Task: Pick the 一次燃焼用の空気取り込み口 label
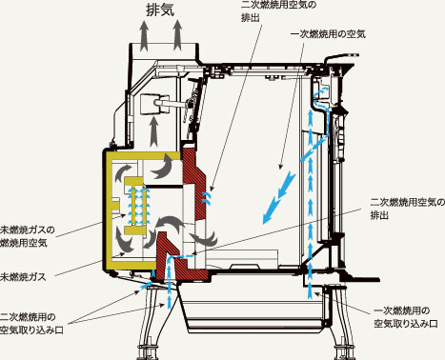[404, 317]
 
